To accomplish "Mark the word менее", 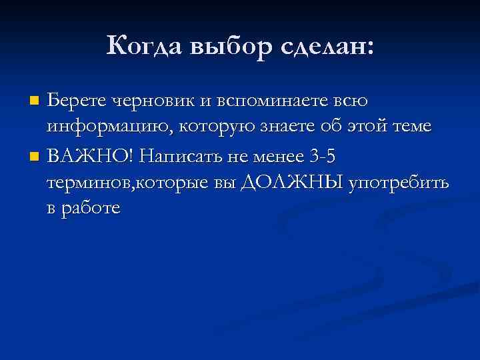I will (275, 157).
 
